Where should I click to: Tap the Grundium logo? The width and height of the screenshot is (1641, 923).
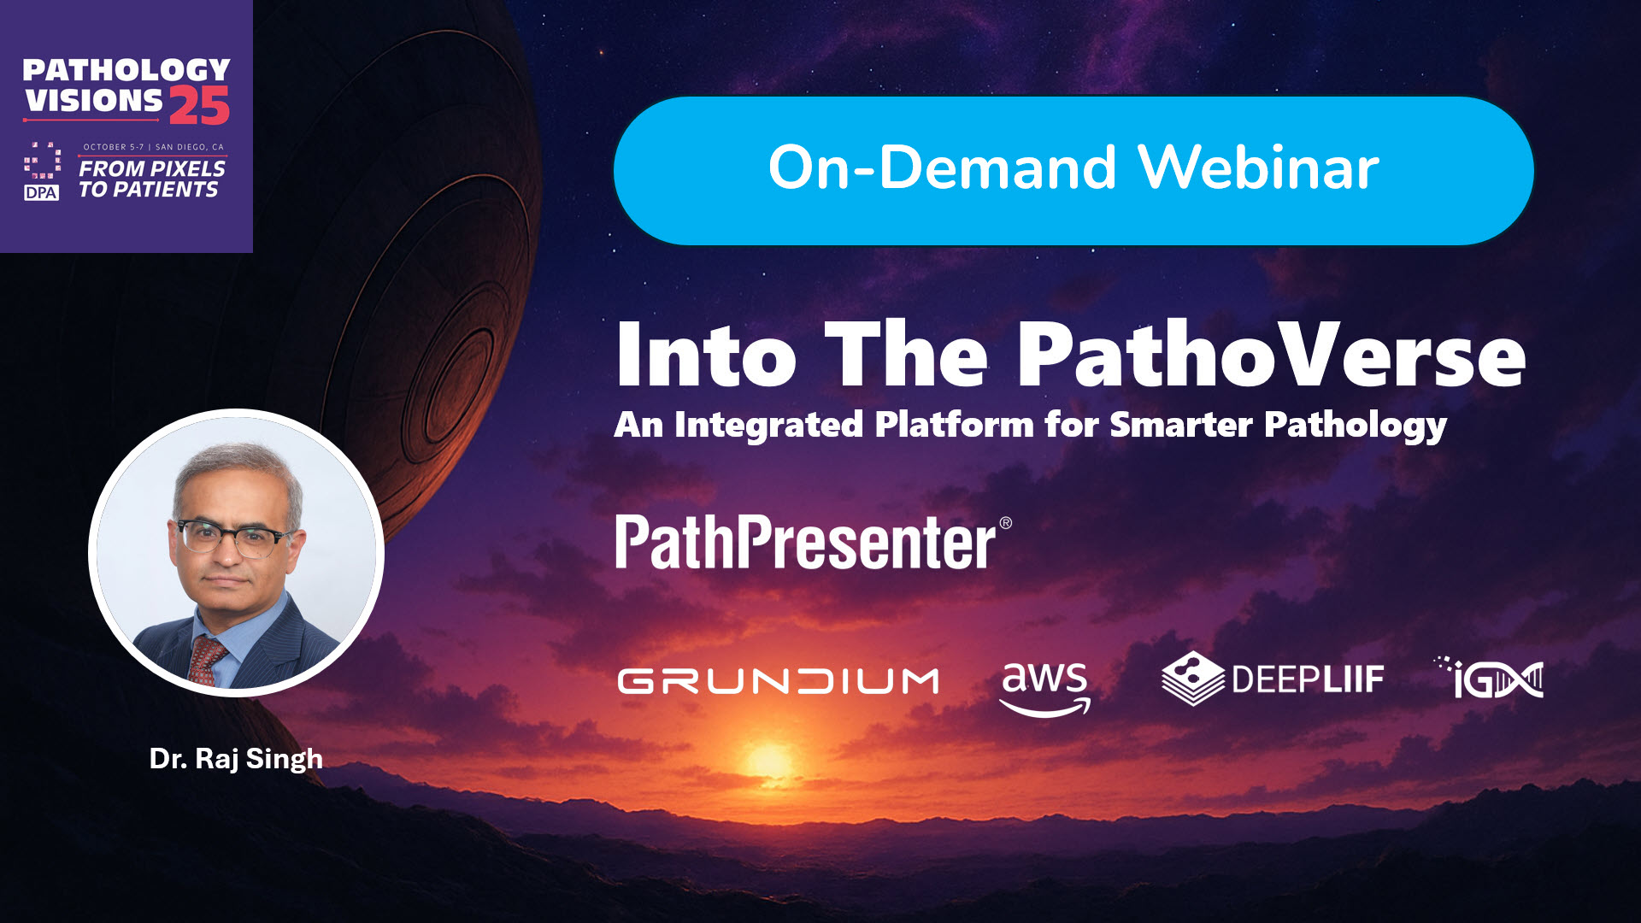[778, 681]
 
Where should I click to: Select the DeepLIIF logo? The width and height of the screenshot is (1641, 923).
[1273, 679]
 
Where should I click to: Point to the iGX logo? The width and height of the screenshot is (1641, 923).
[1490, 679]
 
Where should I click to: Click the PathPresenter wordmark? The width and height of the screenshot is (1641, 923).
[813, 542]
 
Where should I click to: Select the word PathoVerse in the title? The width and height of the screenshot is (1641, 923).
[1271, 355]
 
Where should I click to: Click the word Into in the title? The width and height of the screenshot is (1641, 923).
[706, 355]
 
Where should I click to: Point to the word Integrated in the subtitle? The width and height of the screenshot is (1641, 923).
[768, 424]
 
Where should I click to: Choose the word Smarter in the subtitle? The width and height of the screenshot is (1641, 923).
[1180, 424]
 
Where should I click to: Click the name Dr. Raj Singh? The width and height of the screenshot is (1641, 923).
[236, 759]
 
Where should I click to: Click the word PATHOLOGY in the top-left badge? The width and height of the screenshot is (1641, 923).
[126, 70]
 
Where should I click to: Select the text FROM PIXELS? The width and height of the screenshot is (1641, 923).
[152, 168]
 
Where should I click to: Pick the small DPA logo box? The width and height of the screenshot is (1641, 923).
[41, 192]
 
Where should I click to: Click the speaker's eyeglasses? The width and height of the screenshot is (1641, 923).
[232, 538]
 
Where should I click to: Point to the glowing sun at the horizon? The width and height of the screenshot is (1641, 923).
[768, 758]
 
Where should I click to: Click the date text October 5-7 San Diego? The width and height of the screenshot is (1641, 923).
[153, 147]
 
